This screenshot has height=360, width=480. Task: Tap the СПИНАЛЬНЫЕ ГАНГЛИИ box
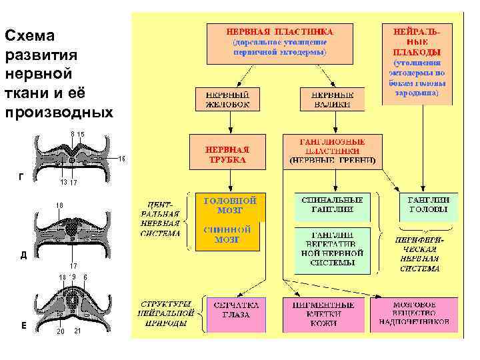332,206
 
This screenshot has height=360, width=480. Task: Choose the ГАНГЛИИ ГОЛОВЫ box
429,206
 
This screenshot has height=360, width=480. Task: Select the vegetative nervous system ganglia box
332,249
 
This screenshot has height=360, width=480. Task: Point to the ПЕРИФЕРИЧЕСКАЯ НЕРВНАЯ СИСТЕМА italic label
420,253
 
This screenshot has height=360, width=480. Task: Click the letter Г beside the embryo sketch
23,176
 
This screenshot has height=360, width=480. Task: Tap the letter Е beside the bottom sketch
23,325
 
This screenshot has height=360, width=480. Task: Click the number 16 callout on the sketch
122,159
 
